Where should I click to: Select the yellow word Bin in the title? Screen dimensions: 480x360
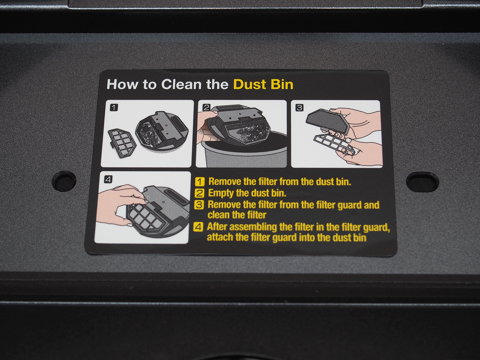(x=282, y=84)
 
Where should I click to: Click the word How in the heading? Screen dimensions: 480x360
(x=122, y=84)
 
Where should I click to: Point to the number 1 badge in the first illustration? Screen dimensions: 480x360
(x=114, y=108)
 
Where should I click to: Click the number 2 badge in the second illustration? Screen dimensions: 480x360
(x=206, y=107)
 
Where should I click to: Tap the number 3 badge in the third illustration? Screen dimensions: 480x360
(x=299, y=108)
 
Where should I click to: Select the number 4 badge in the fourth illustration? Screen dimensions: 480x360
(x=108, y=180)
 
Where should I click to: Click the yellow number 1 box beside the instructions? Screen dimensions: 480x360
(x=200, y=182)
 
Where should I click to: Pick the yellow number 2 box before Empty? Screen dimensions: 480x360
(x=199, y=193)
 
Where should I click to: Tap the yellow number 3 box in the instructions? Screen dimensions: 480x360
(x=199, y=205)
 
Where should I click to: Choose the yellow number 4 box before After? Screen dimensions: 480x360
(x=198, y=227)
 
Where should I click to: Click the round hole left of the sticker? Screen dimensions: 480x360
(x=64, y=181)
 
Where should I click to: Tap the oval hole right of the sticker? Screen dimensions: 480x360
(x=422, y=182)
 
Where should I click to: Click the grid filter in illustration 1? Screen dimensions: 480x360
(x=122, y=142)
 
